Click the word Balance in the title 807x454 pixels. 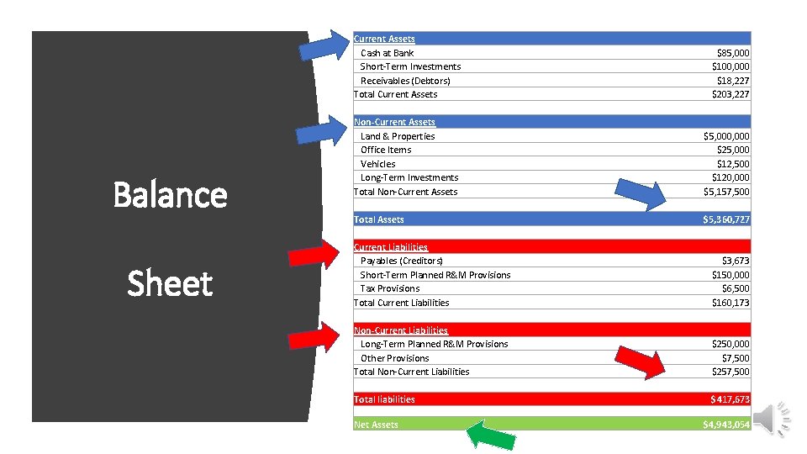tap(170, 194)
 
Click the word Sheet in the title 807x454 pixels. tap(170, 283)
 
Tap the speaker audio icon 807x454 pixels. tap(773, 418)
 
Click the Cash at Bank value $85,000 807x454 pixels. tap(731, 53)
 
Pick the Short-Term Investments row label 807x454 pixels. tap(410, 66)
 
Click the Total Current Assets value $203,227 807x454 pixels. tap(730, 94)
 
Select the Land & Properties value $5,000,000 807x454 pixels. tap(726, 136)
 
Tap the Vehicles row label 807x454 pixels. tap(377, 164)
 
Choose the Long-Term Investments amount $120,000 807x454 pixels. tap(730, 177)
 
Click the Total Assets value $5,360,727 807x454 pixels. tap(726, 219)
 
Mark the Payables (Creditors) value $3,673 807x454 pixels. tap(736, 261)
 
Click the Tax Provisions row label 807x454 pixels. tap(389, 288)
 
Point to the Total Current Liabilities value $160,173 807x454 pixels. tap(730, 303)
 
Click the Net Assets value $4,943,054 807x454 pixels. tap(726, 425)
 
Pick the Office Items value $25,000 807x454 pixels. tap(732, 150)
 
